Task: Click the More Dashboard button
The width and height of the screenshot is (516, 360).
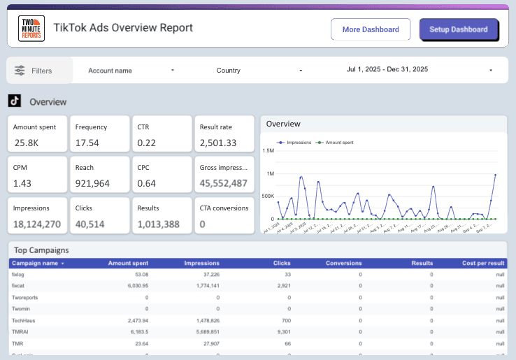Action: pos(371,30)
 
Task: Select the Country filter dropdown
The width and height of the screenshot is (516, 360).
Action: pos(259,71)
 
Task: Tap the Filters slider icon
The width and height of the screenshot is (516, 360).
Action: pos(19,71)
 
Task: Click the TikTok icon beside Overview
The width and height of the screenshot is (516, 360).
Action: pos(14,101)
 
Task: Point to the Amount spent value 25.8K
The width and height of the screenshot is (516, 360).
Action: pos(27,143)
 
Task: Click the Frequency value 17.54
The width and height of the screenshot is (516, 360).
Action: pos(87,143)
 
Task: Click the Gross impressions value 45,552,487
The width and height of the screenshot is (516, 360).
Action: pos(223,184)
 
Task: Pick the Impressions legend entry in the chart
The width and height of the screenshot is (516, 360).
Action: pos(294,142)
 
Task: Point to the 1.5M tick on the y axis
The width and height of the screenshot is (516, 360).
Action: pos(268,150)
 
